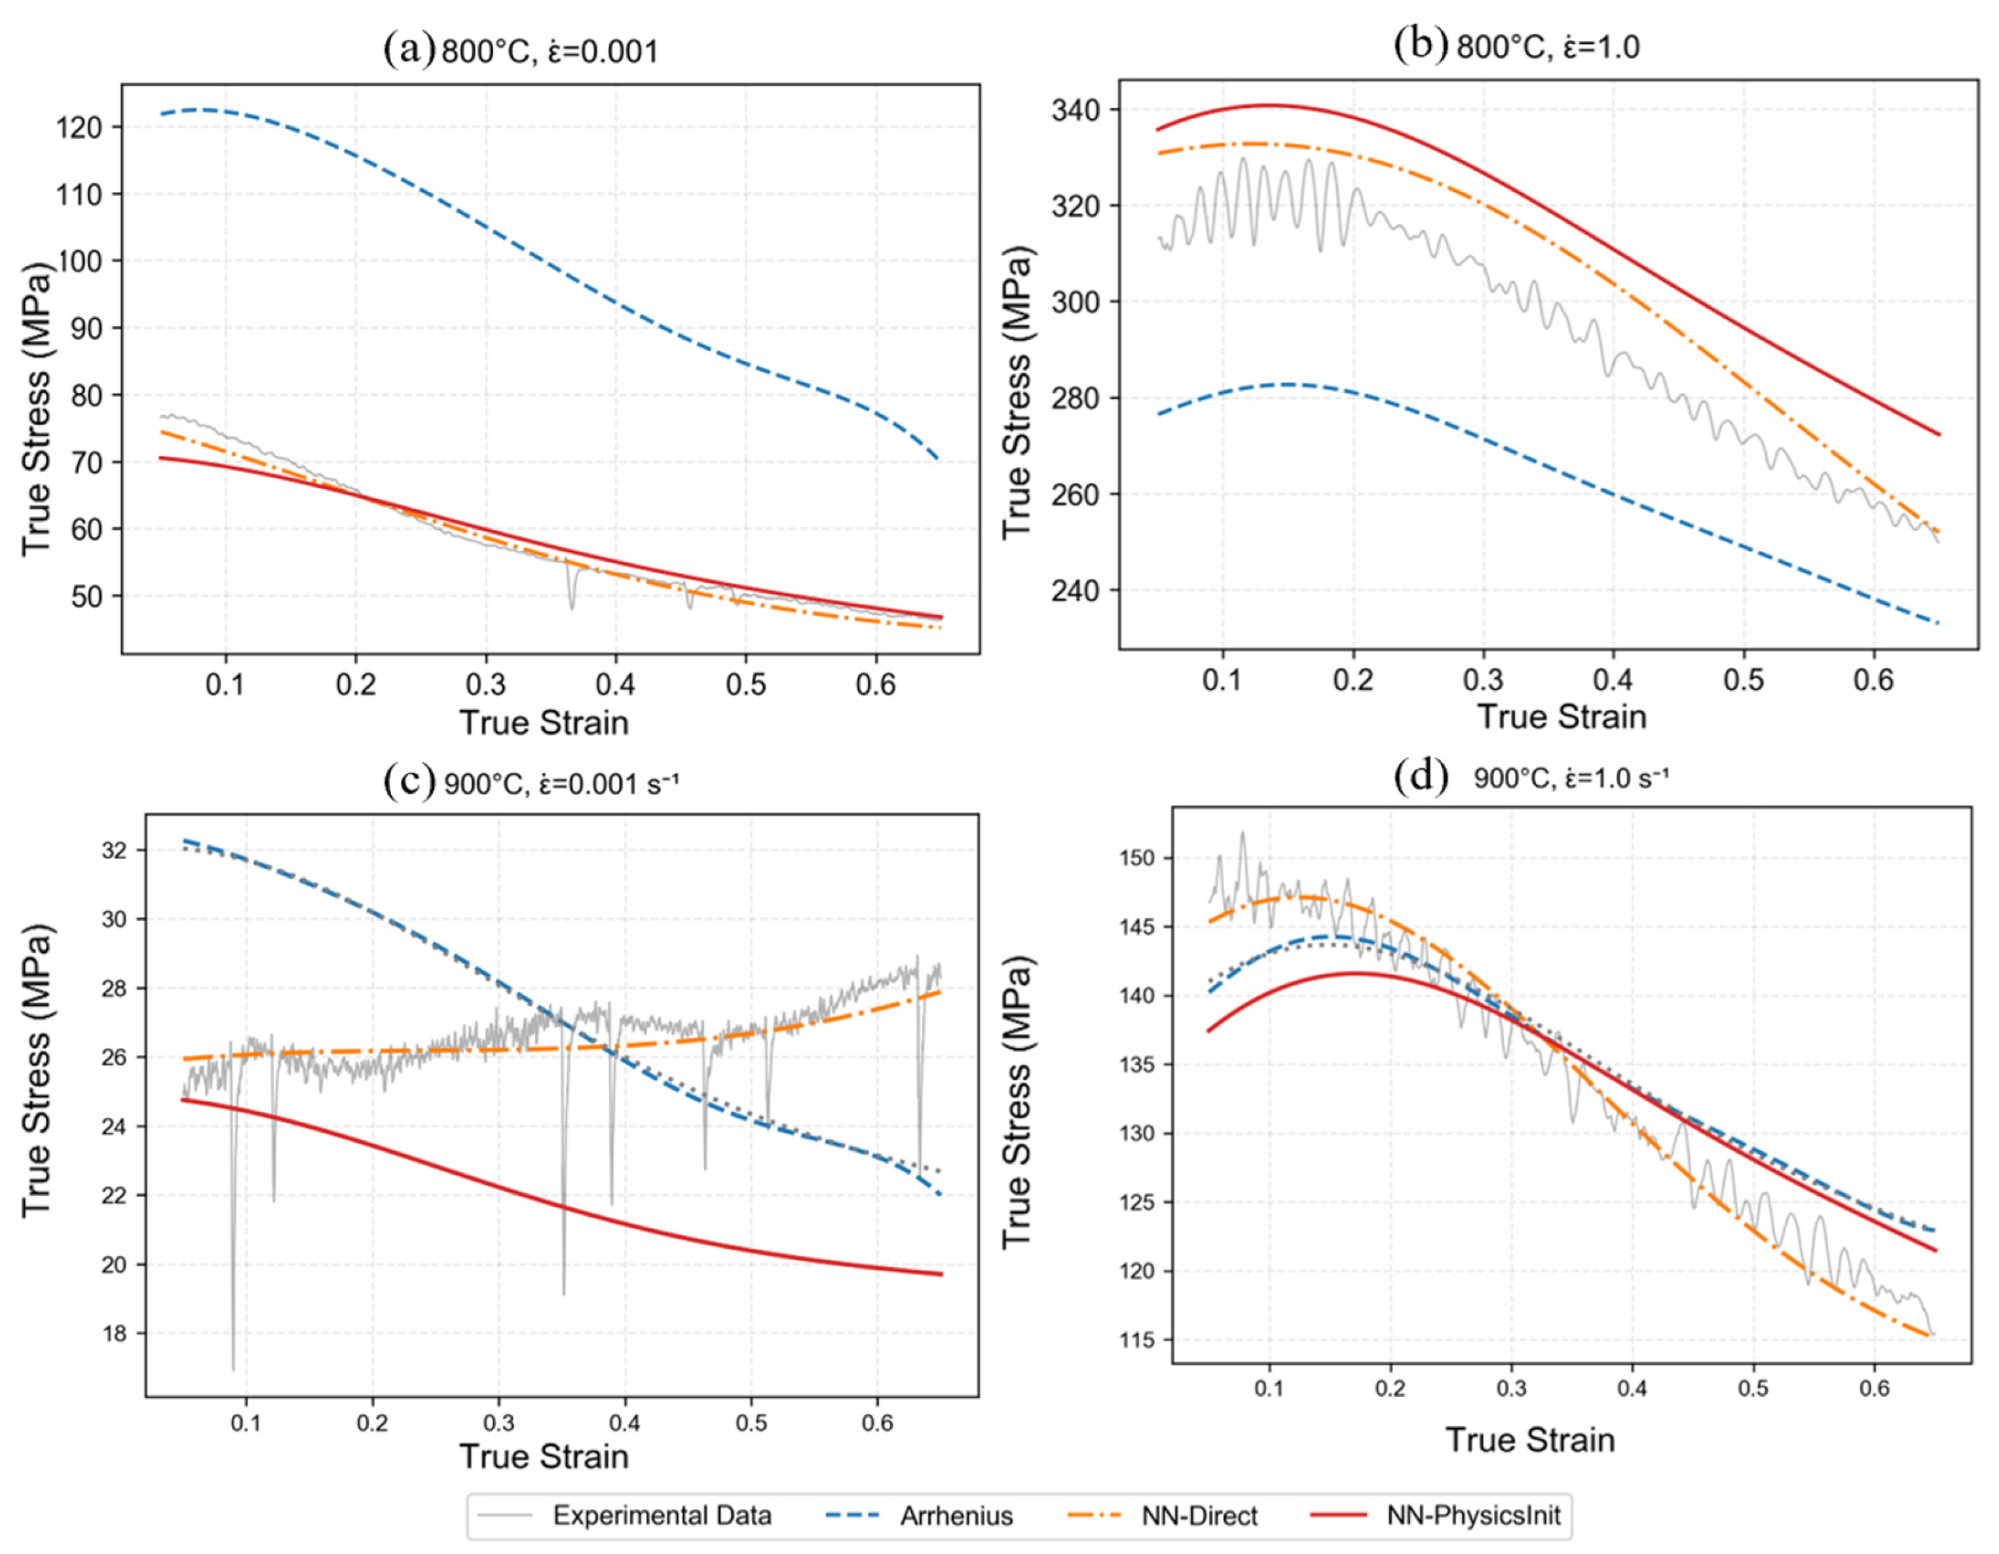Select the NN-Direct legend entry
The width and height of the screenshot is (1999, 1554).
click(1163, 1515)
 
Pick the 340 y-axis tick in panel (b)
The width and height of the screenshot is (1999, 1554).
click(1078, 110)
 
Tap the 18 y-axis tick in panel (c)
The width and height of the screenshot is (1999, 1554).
click(115, 1333)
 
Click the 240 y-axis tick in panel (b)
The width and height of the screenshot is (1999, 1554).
click(1078, 590)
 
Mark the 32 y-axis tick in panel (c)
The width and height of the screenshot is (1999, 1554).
click(115, 850)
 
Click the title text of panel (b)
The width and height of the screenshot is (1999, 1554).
click(1548, 46)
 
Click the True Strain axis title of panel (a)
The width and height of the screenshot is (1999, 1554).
click(544, 722)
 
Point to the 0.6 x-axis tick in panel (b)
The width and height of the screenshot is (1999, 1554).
click(1874, 681)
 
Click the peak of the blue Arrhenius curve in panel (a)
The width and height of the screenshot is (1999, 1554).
click(203, 110)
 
